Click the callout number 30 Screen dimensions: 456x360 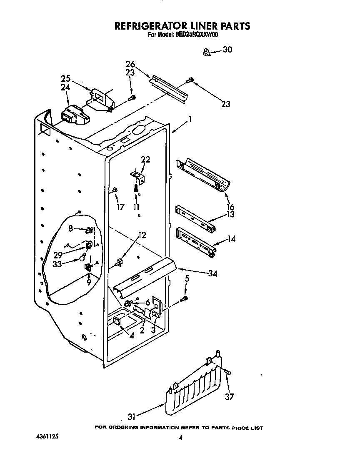pyautogui.click(x=227, y=50)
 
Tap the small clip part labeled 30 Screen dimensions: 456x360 pyautogui.click(x=206, y=52)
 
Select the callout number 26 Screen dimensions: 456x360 pyautogui.click(x=130, y=64)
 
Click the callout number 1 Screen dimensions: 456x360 pyautogui.click(x=190, y=119)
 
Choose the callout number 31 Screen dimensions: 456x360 pyautogui.click(x=132, y=417)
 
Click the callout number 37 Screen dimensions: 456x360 pyautogui.click(x=230, y=397)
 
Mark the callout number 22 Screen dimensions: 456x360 pyautogui.click(x=145, y=159)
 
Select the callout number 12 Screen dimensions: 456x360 pyautogui.click(x=142, y=235)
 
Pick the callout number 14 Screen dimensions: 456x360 pyautogui.click(x=231, y=239)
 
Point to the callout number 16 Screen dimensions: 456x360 pyautogui.click(x=230, y=207)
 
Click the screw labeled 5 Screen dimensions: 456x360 pyautogui.click(x=185, y=298)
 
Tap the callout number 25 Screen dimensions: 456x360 pyautogui.click(x=65, y=78)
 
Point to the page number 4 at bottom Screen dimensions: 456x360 pyautogui.click(x=180, y=438)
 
